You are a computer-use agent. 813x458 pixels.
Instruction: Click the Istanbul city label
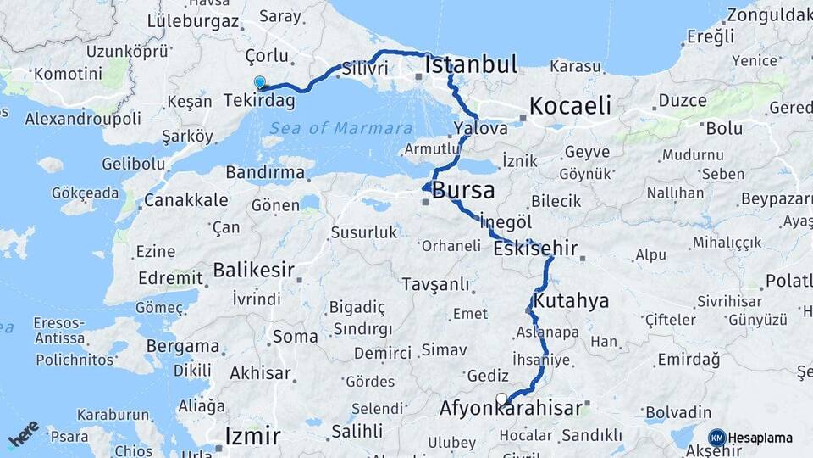(x=470, y=64)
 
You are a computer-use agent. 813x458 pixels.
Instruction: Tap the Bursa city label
(x=463, y=191)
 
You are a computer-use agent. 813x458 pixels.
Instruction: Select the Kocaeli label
(x=570, y=106)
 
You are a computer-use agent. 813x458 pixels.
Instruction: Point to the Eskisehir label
(x=535, y=249)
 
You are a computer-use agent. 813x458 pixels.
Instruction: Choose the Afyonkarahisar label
(x=511, y=409)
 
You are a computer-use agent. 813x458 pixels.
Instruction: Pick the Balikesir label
(x=253, y=271)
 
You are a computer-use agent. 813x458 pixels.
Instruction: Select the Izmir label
(x=252, y=436)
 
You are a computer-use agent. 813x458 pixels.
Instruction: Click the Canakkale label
(x=185, y=201)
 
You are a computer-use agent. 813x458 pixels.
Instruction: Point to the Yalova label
(x=480, y=129)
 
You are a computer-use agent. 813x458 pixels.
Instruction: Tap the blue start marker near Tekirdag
(x=259, y=82)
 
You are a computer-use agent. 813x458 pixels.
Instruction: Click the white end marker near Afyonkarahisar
(x=501, y=399)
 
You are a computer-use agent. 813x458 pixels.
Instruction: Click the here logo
(x=24, y=434)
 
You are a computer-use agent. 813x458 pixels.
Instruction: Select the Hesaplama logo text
(x=760, y=438)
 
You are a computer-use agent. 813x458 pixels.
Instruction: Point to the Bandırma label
(x=265, y=173)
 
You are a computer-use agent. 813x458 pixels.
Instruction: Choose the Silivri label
(x=365, y=69)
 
